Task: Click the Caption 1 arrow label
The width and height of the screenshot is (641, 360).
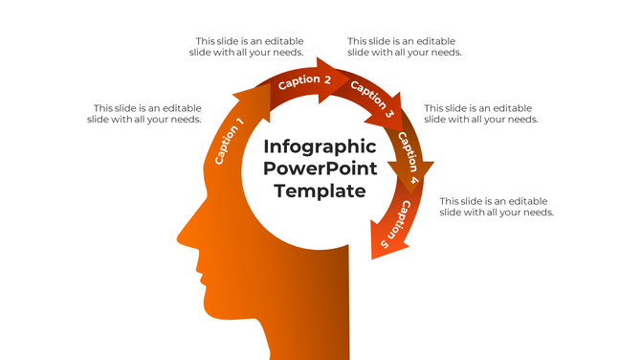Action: [x=230, y=141]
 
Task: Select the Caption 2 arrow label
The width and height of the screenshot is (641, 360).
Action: [x=304, y=81]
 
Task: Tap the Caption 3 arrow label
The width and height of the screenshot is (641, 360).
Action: [x=371, y=100]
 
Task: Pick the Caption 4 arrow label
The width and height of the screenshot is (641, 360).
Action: [x=409, y=156]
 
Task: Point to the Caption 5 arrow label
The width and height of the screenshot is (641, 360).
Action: [x=395, y=226]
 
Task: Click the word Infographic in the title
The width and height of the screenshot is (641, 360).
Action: [x=320, y=146]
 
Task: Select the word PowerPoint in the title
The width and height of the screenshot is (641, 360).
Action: [x=320, y=169]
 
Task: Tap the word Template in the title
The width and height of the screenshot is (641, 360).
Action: [x=320, y=191]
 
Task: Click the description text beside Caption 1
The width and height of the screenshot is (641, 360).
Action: [x=145, y=114]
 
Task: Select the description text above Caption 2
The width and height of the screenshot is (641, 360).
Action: [x=248, y=47]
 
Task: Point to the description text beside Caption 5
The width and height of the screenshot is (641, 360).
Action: [x=496, y=207]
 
